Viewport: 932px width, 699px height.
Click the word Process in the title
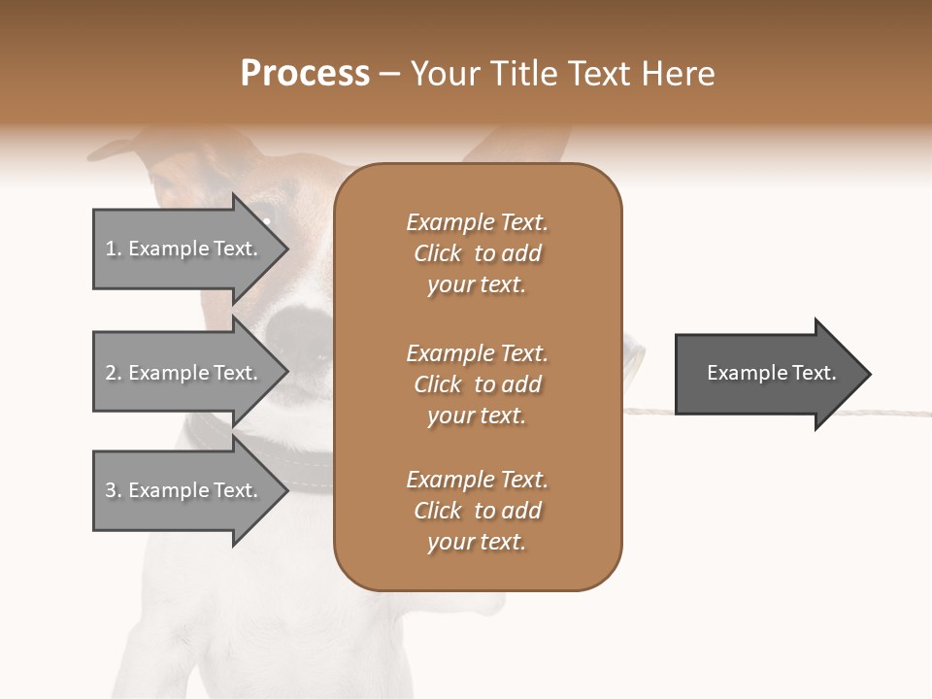coord(305,74)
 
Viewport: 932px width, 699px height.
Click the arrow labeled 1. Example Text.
coord(184,249)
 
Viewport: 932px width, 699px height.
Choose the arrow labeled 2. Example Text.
coord(184,373)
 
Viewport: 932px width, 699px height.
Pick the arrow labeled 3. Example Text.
coord(184,490)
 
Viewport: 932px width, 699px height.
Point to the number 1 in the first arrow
coord(111,249)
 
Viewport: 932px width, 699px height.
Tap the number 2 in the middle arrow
coord(111,373)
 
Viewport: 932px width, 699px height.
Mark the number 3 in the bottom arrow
coord(111,490)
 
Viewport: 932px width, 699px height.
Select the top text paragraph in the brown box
coord(477,253)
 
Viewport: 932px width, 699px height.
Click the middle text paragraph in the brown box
coord(477,384)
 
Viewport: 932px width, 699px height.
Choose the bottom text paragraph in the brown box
coord(477,511)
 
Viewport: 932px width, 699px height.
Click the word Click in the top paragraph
coord(438,253)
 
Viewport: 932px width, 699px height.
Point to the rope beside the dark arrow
coord(650,412)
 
